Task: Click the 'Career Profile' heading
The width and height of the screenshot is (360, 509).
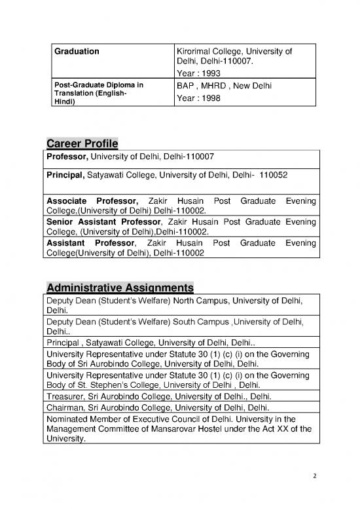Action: pyautogui.click(x=82, y=144)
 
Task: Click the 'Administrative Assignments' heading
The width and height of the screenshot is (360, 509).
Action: pyautogui.click(x=120, y=288)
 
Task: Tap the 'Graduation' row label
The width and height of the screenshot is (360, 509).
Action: pyautogui.click(x=76, y=50)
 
